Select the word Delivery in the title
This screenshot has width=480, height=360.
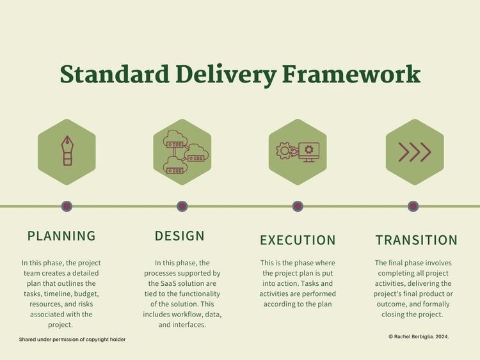(x=225, y=74)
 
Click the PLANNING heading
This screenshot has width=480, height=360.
(x=61, y=236)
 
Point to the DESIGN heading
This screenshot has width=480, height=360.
(x=180, y=236)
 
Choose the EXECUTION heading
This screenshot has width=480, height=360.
(x=298, y=240)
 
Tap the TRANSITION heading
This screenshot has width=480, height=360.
(x=416, y=240)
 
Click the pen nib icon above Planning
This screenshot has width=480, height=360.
(x=67, y=152)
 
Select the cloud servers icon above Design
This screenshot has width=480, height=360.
(x=182, y=152)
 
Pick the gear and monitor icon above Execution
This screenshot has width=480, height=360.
(x=298, y=152)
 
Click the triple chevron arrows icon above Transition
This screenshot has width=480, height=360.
(x=414, y=152)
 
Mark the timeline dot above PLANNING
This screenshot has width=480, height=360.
(x=67, y=207)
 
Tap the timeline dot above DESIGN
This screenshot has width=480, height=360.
(x=182, y=207)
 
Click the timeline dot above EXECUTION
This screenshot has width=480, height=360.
(x=298, y=207)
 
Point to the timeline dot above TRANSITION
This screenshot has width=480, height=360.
(x=413, y=207)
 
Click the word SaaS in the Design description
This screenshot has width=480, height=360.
(x=174, y=283)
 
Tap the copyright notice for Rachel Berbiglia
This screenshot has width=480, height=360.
(x=419, y=336)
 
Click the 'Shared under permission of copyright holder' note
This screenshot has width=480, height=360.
(x=72, y=340)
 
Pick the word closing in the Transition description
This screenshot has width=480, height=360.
(x=401, y=315)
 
